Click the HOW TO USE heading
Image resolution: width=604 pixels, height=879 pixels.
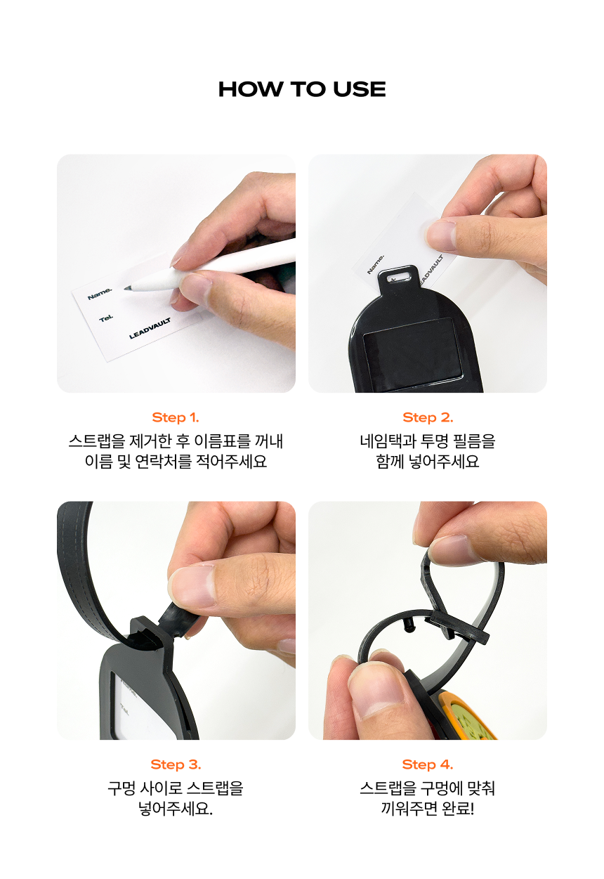pos(302,89)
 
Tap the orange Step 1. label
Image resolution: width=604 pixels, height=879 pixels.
pos(176,417)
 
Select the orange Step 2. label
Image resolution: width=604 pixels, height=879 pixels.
pos(428,417)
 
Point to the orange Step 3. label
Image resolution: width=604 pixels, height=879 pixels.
pos(176,764)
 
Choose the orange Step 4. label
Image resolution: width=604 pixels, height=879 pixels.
pos(428,764)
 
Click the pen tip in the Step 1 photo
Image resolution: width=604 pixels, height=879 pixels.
pos(126,288)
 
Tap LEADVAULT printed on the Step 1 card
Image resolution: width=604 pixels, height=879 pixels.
pos(150,328)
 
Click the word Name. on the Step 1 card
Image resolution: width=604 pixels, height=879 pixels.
pos(100,294)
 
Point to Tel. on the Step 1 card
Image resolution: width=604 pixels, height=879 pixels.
pos(106,318)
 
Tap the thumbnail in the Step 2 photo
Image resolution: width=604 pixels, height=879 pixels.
pos(441,235)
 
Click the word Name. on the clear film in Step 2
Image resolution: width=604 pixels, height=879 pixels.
pos(375,264)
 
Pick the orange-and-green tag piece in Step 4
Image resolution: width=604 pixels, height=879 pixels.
pos(463,716)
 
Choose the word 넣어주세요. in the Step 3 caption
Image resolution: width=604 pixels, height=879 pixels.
pos(176,809)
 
